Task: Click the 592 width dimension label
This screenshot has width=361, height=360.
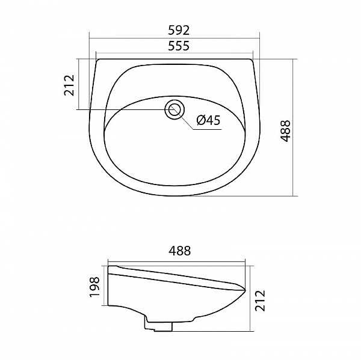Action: pyautogui.click(x=179, y=30)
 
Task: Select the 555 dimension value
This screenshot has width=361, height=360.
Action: pyautogui.click(x=179, y=46)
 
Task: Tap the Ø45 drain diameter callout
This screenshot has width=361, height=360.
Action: pyautogui.click(x=209, y=120)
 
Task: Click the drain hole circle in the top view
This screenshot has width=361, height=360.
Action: pyautogui.click(x=174, y=109)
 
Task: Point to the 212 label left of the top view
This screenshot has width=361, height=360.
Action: pyautogui.click(x=70, y=85)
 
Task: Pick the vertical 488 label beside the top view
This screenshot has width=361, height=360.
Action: pyautogui.click(x=286, y=131)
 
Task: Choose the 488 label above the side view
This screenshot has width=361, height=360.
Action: pyautogui.click(x=180, y=251)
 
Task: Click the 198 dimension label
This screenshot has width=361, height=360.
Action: pyautogui.click(x=94, y=287)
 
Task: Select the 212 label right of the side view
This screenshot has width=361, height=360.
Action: pyautogui.click(x=260, y=301)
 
